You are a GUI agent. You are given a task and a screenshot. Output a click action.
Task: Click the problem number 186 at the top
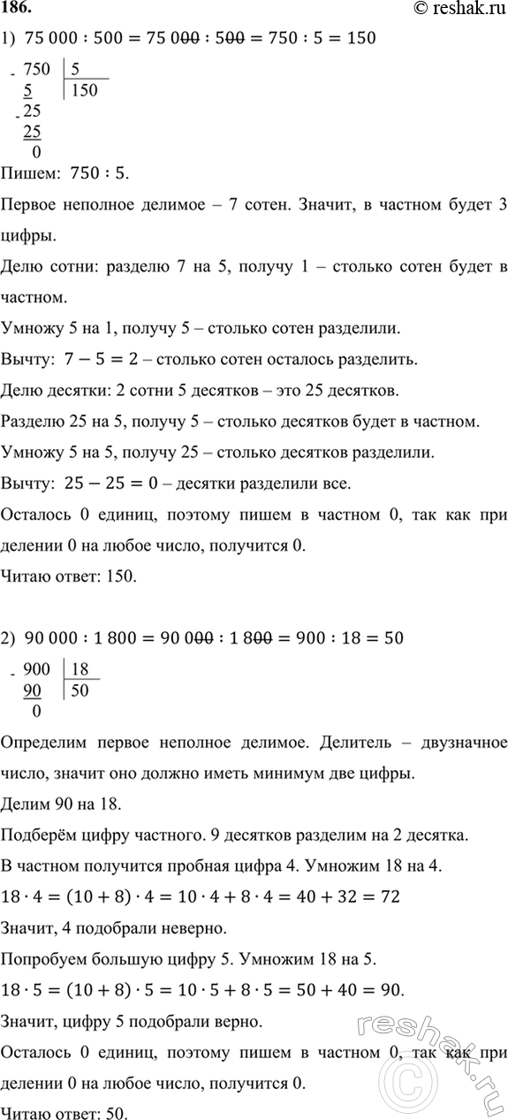coord(18,11)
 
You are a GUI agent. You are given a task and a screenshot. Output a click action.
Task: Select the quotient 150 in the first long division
coord(86,90)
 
